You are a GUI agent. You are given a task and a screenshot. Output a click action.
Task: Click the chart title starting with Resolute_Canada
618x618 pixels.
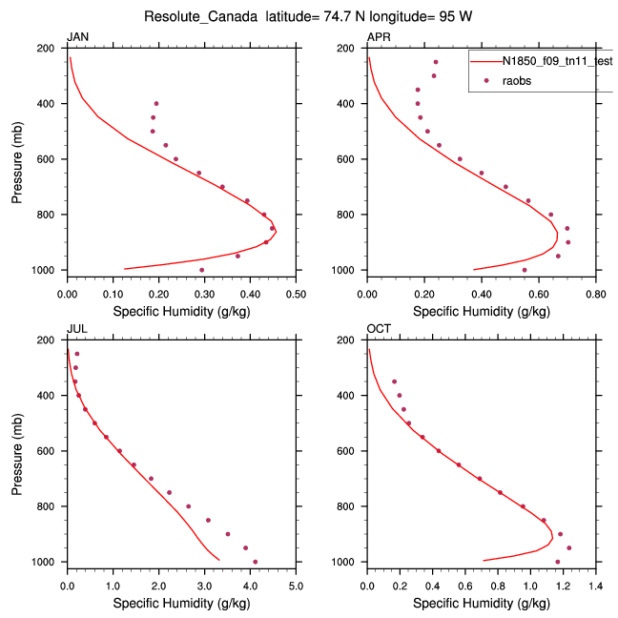(309, 17)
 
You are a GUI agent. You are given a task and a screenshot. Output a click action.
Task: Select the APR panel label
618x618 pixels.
(379, 37)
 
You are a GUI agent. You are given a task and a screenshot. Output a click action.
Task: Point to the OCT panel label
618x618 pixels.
(379, 329)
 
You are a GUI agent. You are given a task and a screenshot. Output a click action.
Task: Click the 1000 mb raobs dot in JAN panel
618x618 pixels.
(202, 270)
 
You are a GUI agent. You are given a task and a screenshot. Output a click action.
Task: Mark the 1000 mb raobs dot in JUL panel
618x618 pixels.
(256, 562)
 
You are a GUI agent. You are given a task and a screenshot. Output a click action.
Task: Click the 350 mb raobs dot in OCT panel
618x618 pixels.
(395, 381)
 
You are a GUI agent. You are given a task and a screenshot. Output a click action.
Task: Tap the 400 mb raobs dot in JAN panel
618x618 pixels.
(156, 103)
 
